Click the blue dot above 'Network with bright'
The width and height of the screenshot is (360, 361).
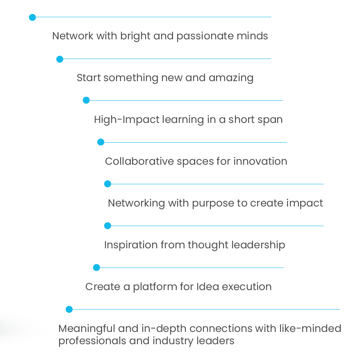pyautogui.click(x=32, y=17)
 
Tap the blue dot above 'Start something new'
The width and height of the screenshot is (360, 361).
pyautogui.click(x=60, y=59)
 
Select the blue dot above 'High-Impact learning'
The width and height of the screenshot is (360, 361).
pyautogui.click(x=86, y=100)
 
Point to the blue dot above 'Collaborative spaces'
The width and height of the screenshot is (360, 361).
pyautogui.click(x=101, y=142)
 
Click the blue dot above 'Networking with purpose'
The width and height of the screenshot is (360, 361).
pyautogui.click(x=107, y=184)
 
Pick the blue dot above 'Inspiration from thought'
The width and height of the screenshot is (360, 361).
pyautogui.click(x=107, y=226)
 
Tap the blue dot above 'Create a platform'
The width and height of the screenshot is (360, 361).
pyautogui.click(x=96, y=268)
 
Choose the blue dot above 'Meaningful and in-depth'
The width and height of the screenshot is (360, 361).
pyautogui.click(x=69, y=309)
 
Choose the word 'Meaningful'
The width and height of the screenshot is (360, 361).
pyautogui.click(x=87, y=329)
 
